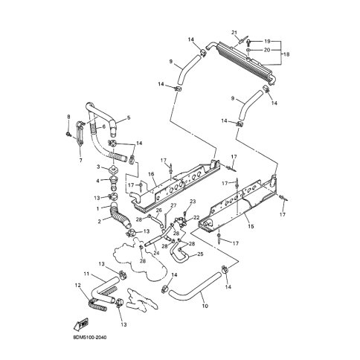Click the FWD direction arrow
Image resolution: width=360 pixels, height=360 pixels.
click(x=81, y=324)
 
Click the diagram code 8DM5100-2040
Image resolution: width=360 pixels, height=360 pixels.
click(x=90, y=338)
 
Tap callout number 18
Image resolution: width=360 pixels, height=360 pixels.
click(x=286, y=54)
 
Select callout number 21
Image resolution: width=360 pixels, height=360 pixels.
click(x=234, y=33)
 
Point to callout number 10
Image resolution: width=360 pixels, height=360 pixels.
click(x=205, y=306)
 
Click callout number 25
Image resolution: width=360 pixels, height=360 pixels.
click(x=200, y=254)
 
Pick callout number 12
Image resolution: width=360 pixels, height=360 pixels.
click(x=77, y=286)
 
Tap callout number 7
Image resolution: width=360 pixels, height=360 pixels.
click(x=80, y=161)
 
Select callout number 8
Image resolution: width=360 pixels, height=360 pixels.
click(x=68, y=117)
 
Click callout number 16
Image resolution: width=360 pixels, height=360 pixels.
click(x=151, y=174)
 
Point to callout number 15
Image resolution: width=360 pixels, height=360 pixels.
click(x=251, y=226)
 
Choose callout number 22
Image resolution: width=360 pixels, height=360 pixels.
click(x=196, y=217)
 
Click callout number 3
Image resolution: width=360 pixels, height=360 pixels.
click(x=98, y=167)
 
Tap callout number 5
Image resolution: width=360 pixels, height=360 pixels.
click(x=129, y=118)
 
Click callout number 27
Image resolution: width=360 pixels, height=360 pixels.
click(x=173, y=205)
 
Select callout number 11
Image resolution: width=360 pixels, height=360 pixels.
click(x=86, y=274)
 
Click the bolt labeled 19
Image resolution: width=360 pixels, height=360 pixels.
click(x=249, y=42)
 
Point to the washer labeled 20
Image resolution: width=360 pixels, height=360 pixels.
click(x=248, y=51)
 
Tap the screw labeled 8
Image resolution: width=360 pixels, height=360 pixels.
click(x=68, y=135)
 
